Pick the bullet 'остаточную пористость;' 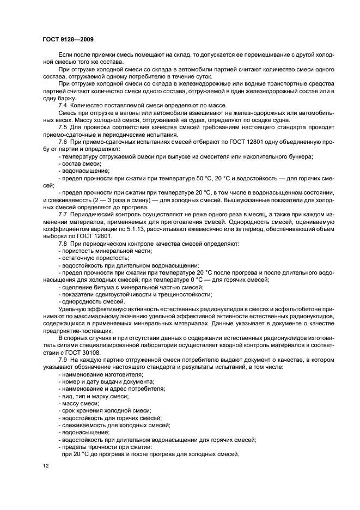click(88, 258)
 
